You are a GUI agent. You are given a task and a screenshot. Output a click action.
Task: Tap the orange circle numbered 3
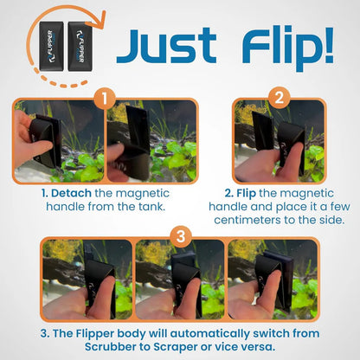[x=179, y=234]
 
